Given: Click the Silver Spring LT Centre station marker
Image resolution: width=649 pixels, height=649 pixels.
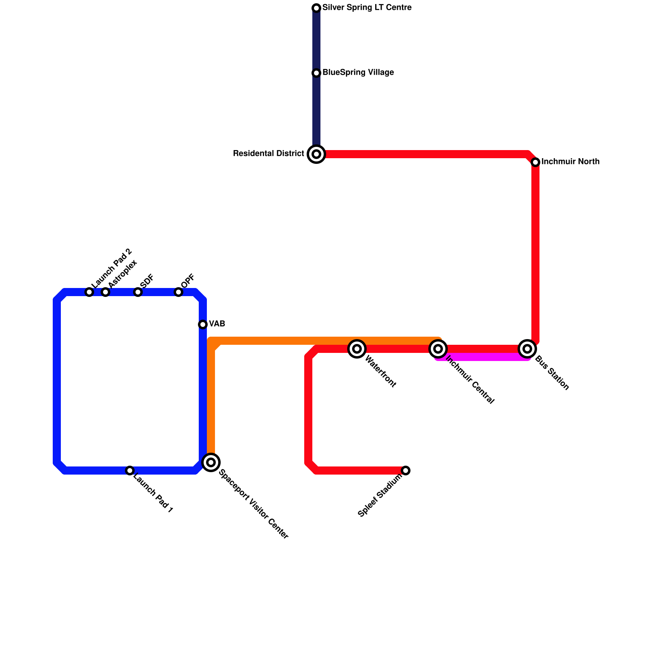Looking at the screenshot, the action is tap(316, 8).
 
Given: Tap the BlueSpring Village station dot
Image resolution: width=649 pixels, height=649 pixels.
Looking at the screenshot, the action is tap(316, 73).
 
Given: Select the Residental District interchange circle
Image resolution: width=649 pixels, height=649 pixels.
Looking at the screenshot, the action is tap(316, 154).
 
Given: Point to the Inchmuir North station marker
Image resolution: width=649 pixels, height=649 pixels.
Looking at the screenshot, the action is tap(535, 162).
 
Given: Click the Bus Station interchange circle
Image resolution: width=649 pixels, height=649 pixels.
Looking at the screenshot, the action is tap(527, 348).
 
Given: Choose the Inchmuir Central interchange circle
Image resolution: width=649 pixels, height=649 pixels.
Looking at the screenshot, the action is tap(438, 348).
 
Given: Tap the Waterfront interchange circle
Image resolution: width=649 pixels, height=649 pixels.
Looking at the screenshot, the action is tap(357, 348).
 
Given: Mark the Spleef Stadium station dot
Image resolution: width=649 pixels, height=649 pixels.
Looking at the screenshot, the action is tap(406, 471).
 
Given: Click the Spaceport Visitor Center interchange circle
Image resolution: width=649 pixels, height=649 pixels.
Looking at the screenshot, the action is tap(211, 462).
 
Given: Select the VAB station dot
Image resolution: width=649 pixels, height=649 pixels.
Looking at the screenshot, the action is tap(203, 324).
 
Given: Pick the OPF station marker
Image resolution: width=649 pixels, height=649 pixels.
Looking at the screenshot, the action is tap(178, 292).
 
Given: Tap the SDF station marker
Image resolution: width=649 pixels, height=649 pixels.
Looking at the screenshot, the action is tap(138, 292).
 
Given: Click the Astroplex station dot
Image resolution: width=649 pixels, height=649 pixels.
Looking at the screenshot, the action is tap(105, 292).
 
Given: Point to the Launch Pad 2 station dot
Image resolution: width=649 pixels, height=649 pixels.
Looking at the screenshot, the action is tap(89, 292).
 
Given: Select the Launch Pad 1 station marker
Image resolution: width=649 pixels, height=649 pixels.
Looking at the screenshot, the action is tap(130, 471).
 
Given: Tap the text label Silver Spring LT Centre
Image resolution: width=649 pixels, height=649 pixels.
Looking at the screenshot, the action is tap(367, 8).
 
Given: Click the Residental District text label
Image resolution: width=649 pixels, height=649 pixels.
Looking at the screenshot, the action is tap(269, 154).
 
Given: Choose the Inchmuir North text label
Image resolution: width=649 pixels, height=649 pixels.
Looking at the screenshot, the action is tap(570, 162).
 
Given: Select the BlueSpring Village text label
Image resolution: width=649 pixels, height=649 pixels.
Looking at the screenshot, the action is tap(358, 73).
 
